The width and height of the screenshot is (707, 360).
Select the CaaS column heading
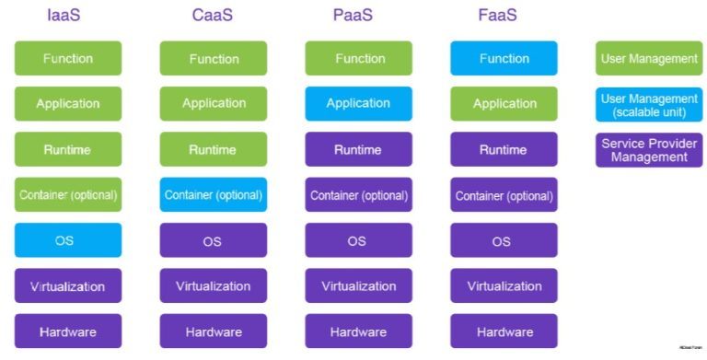pos(212,16)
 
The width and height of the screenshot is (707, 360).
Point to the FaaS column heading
pos(502,16)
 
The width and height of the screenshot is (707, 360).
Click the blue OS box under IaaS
pos(68,240)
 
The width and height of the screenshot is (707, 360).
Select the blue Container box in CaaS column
pos(214,195)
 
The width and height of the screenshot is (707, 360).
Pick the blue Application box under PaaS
pos(359,104)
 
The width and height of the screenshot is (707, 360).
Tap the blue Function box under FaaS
pos(504,59)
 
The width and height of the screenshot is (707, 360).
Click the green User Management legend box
pos(649,59)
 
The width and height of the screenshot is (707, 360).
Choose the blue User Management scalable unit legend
pos(649,104)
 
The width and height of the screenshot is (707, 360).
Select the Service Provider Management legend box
pos(649,149)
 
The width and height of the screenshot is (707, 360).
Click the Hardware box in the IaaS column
pos(68,331)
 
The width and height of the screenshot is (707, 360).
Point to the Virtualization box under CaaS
pos(214,285)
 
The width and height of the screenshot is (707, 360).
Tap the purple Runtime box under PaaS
pos(359,149)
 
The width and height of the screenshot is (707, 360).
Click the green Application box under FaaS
pos(504,104)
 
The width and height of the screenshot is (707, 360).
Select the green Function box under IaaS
pos(68,59)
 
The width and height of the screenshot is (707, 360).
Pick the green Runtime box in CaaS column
pos(214,149)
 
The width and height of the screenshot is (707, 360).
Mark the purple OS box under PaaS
pos(359,240)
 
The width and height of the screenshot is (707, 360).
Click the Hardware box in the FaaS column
pos(504,331)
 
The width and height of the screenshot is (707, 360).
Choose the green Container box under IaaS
pos(68,195)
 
